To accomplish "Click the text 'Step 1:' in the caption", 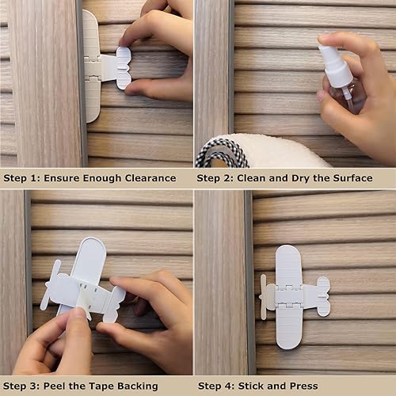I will (24, 178).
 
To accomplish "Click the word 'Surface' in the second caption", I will (349, 178).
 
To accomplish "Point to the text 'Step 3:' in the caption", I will (24, 386).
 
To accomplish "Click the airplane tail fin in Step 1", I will (123, 67).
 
